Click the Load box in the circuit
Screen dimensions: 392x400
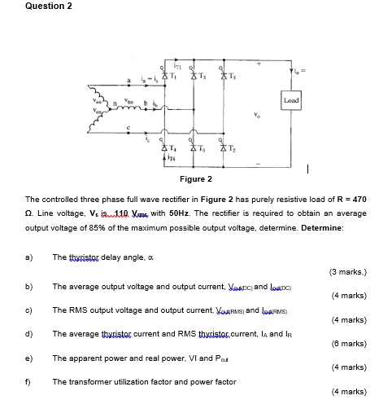tap(291, 99)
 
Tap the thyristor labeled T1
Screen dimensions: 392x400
tap(166, 77)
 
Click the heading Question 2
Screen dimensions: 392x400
tap(48, 7)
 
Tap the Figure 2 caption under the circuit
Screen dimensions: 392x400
tap(196, 178)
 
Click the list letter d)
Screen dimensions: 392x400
tap(29, 333)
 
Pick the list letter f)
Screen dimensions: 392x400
tap(29, 380)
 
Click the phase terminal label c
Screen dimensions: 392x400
tap(127, 128)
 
